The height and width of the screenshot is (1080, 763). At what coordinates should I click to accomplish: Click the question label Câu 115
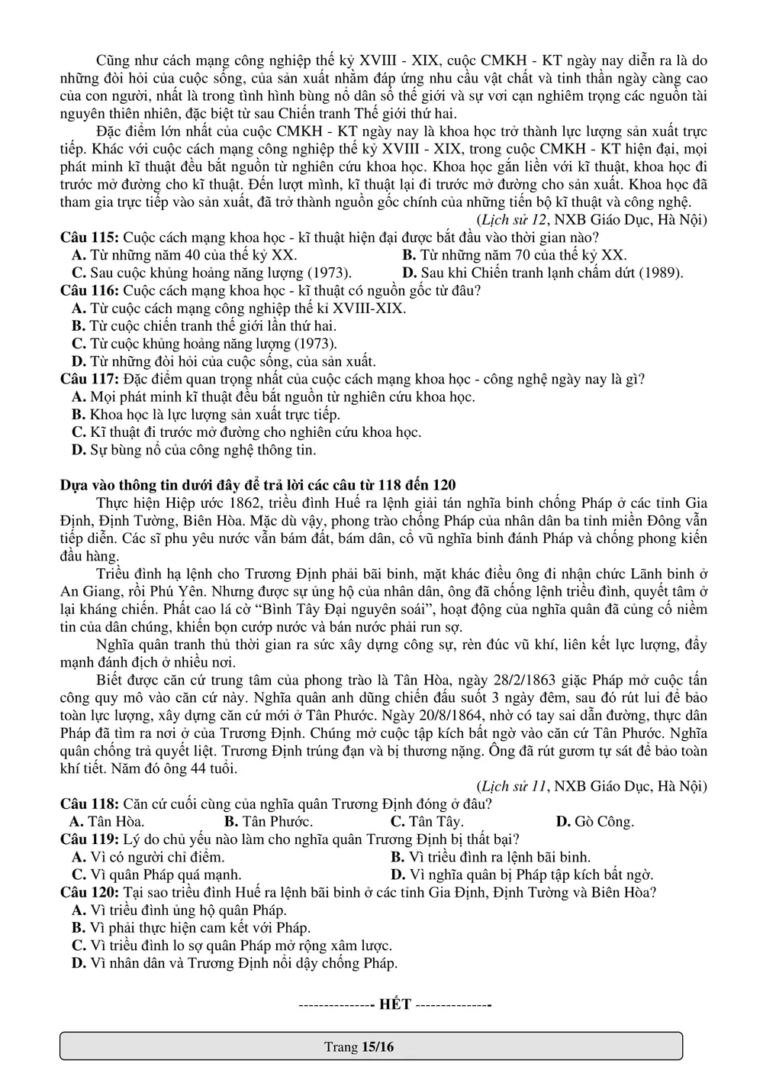pos(89,238)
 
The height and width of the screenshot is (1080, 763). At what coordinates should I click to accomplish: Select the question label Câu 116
pos(89,291)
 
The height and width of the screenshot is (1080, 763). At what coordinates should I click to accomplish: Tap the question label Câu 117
pos(89,380)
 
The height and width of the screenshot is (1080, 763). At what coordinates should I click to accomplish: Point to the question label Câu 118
pos(89,804)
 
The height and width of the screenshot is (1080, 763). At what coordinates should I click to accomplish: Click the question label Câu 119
pos(89,839)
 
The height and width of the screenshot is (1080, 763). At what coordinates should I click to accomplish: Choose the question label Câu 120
pos(89,893)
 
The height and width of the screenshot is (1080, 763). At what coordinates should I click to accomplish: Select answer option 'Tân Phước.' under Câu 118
pos(277,822)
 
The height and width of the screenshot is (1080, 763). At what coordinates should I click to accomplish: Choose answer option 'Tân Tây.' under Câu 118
pos(436,822)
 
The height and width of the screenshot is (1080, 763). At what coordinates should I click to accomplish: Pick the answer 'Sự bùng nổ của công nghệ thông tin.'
pos(203,451)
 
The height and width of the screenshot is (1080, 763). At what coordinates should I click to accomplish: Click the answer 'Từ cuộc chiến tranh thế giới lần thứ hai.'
pos(213,326)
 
